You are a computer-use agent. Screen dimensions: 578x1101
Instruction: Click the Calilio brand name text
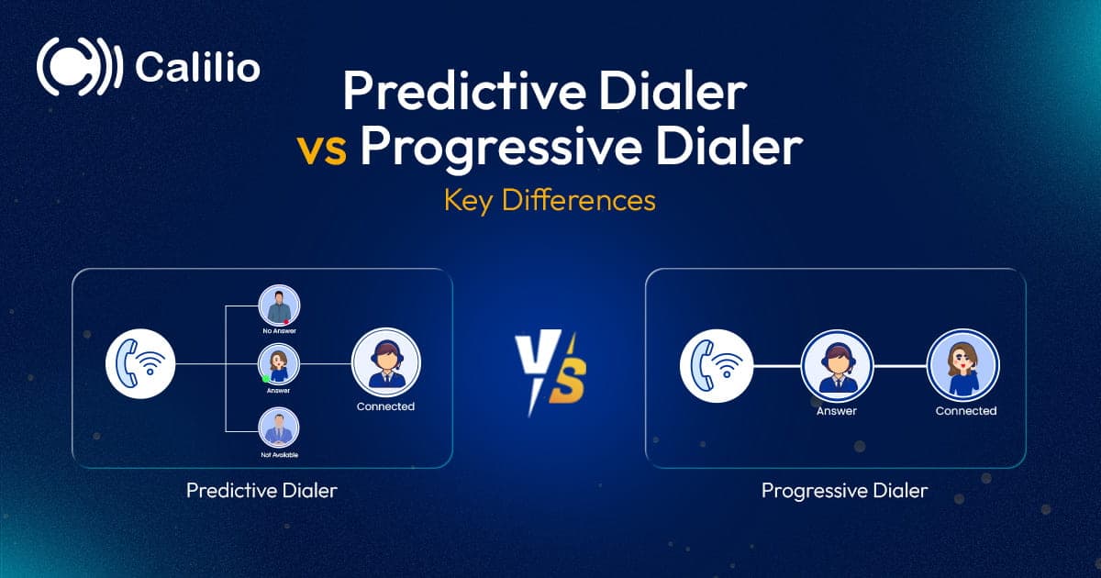[x=197, y=69]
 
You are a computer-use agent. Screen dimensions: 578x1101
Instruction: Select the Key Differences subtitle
[x=550, y=200]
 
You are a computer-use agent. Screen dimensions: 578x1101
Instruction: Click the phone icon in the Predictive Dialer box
[x=139, y=365]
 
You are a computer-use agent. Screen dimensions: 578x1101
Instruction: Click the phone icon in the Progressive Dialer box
[x=716, y=365]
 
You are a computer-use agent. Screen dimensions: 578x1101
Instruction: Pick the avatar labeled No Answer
[x=279, y=306]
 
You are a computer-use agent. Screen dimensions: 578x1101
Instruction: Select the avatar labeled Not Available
[x=279, y=428]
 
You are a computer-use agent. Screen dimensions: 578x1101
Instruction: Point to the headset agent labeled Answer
[x=836, y=365]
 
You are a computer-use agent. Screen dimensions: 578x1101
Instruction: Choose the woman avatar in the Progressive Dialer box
[x=964, y=365]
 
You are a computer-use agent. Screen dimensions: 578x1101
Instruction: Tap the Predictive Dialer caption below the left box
[x=261, y=491]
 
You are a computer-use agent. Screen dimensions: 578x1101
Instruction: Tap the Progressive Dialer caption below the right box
[x=844, y=491]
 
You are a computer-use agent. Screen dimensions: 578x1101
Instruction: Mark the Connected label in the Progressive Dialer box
[x=965, y=411]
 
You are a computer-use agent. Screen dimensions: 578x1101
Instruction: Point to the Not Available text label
[x=279, y=455]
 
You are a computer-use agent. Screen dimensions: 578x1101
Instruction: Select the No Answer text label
[x=279, y=330]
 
